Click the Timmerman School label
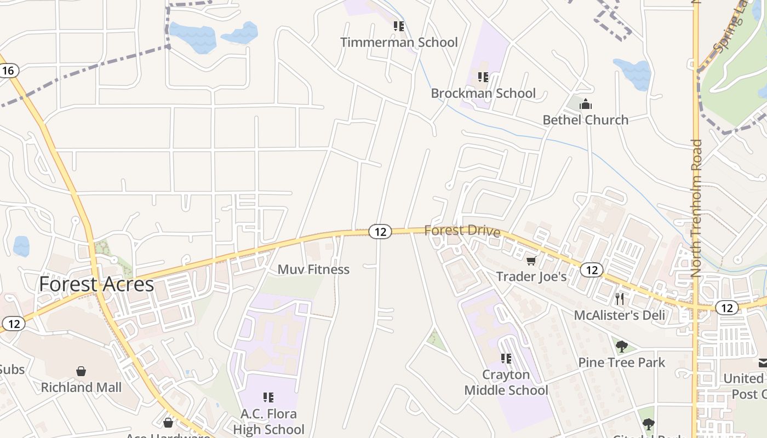pyautogui.click(x=399, y=42)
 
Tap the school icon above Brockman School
pyautogui.click(x=483, y=77)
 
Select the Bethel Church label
pyautogui.click(x=585, y=120)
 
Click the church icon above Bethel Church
pyautogui.click(x=586, y=104)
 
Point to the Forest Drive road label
pyautogui.click(x=462, y=230)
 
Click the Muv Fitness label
pyautogui.click(x=313, y=269)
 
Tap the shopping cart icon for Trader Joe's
pyautogui.click(x=530, y=261)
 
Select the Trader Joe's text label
pyautogui.click(x=531, y=276)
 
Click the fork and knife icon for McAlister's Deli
pyautogui.click(x=620, y=299)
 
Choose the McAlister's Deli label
pyautogui.click(x=619, y=315)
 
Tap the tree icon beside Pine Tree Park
pyautogui.click(x=621, y=346)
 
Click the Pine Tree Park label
pyautogui.click(x=622, y=362)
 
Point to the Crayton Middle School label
pyautogui.click(x=506, y=383)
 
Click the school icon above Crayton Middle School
pyautogui.click(x=506, y=359)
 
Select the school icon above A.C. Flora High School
pyautogui.click(x=268, y=397)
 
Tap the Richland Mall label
pyautogui.click(x=81, y=388)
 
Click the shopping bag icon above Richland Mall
pyautogui.click(x=81, y=371)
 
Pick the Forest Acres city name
pyautogui.click(x=96, y=284)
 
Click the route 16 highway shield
pyautogui.click(x=8, y=71)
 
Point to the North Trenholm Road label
pyautogui.click(x=696, y=208)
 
